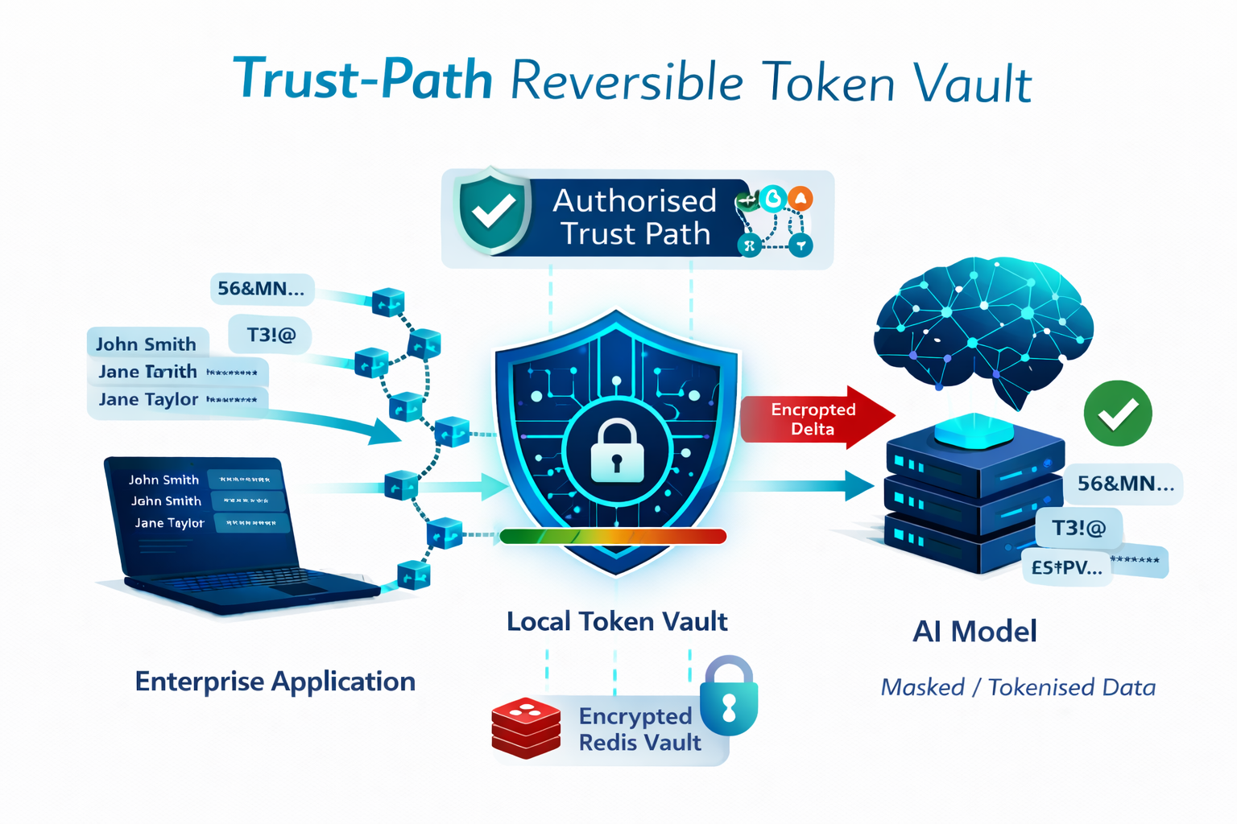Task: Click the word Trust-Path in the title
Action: pos(362,80)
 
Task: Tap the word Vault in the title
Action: pos(975,83)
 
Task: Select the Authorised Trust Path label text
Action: pos(635,217)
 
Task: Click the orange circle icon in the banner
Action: pos(800,199)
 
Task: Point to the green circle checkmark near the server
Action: pos(1117,414)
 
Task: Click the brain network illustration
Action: pos(983,322)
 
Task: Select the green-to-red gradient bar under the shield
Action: pos(613,536)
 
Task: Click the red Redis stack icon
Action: pos(526,728)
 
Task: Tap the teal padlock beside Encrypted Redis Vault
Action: pos(729,697)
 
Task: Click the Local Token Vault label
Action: pos(617,621)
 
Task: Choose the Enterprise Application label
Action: pos(275,682)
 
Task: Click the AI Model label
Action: pos(974,632)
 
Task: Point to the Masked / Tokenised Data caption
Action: pos(1018,687)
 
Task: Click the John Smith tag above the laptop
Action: pos(146,344)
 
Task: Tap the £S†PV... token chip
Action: pos(1067,567)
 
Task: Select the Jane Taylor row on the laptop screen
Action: pos(170,523)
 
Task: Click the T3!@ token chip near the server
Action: pos(1078,528)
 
